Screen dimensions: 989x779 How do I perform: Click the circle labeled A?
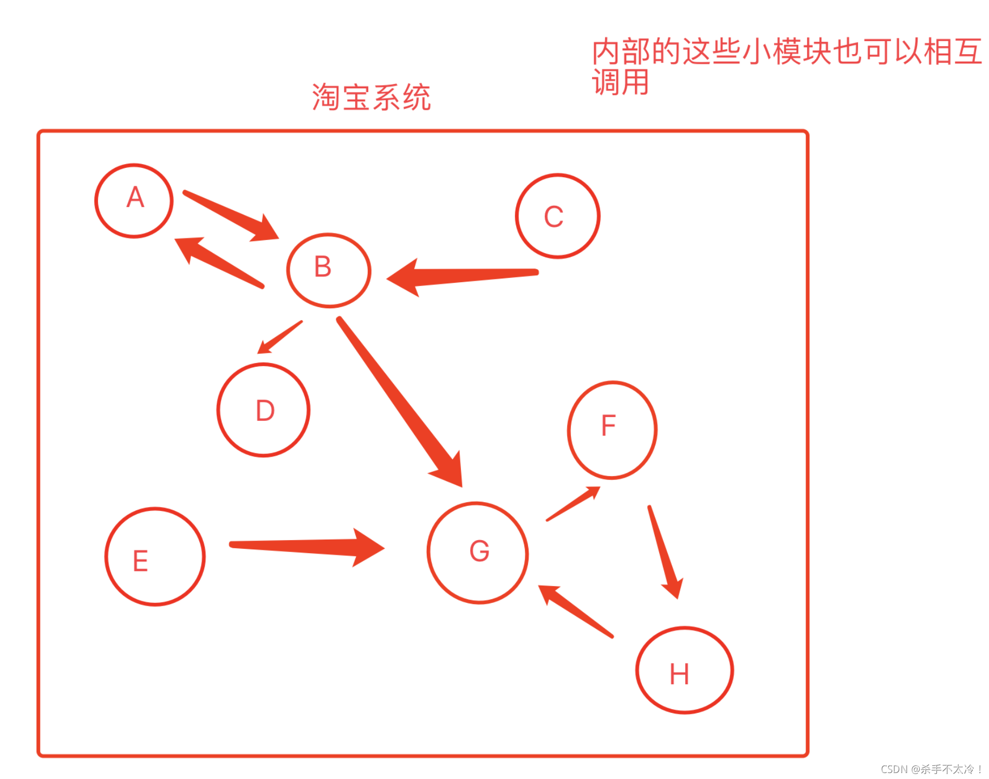click(134, 200)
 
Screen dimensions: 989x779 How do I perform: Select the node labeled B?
click(329, 270)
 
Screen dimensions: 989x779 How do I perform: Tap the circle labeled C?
click(557, 216)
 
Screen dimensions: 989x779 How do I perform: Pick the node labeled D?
click(263, 410)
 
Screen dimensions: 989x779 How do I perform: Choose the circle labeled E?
click(155, 556)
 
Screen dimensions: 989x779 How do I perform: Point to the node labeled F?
click(612, 430)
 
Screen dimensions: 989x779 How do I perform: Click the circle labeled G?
click(478, 553)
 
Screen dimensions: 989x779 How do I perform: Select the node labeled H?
click(684, 670)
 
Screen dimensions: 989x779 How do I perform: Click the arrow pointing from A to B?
click(230, 215)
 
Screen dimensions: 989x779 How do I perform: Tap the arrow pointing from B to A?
click(220, 262)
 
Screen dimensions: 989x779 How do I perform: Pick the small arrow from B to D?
click(280, 337)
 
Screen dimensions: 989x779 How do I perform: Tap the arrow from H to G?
click(576, 611)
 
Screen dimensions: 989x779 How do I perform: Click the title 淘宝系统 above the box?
click(371, 98)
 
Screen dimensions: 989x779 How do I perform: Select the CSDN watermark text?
click(931, 769)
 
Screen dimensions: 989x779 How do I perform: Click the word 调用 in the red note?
click(620, 82)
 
